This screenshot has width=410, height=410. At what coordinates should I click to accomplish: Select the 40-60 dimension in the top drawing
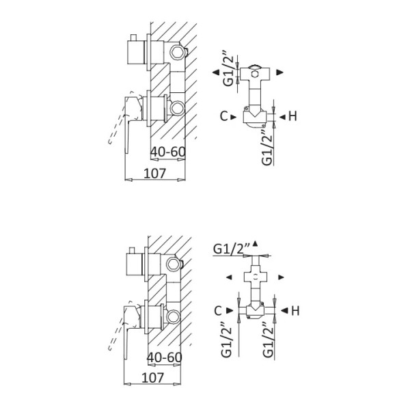coord(168,151)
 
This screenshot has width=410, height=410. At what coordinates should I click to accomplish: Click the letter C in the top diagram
coord(225,116)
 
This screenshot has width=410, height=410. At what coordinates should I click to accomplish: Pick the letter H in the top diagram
coord(292,116)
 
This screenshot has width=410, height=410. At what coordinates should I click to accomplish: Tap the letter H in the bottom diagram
coord(295,311)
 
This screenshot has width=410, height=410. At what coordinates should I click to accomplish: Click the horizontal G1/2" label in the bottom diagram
coord(230,248)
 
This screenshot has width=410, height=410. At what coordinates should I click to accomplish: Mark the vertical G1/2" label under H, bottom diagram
coord(269,345)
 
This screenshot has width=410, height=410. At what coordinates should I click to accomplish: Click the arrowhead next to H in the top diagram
coord(281,116)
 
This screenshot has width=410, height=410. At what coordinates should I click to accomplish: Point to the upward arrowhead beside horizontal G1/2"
coord(255,243)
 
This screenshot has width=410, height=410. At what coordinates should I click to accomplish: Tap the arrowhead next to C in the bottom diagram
coord(231,311)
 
